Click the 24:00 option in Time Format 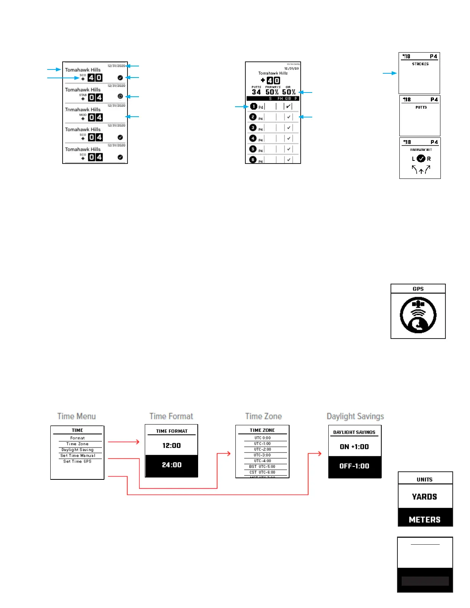pos(171,465)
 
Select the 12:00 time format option pos(171,446)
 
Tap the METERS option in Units pos(425,520)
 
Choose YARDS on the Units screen pos(425,497)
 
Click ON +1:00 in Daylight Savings pos(354,447)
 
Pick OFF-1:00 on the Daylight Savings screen pos(354,466)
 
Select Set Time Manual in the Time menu pos(78,456)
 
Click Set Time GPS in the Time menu pos(78,461)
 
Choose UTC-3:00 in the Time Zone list pos(262,455)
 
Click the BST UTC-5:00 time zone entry pos(262,467)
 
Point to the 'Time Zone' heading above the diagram pos(263,416)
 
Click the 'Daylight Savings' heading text pos(355,416)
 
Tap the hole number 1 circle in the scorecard pos(253,106)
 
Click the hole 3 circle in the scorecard pos(253,128)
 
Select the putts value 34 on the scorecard pos(256,92)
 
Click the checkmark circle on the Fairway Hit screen pos(421,159)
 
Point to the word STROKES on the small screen pos(420,64)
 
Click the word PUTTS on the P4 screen pos(421,107)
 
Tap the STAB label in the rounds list pos(83,95)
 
